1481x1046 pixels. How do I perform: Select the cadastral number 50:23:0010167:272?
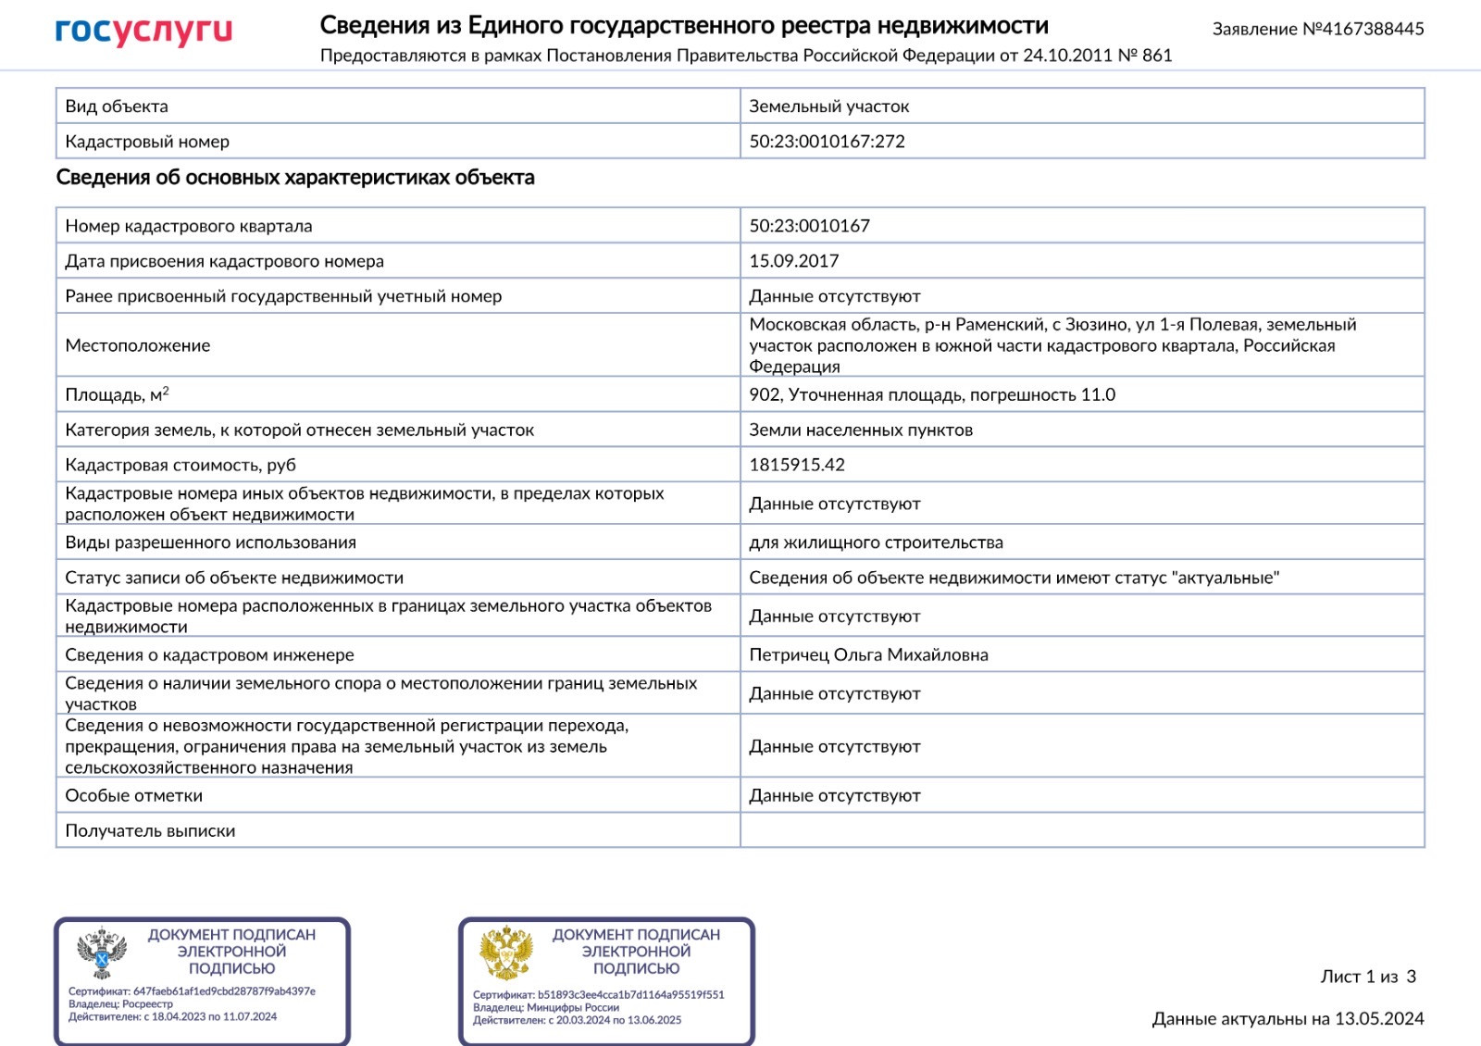click(827, 142)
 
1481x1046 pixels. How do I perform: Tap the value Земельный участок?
click(828, 106)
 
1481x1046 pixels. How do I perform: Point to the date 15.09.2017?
click(793, 261)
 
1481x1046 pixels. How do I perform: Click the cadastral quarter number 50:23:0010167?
click(809, 226)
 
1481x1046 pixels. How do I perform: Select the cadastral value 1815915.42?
click(796, 465)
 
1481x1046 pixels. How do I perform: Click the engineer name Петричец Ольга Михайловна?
click(868, 654)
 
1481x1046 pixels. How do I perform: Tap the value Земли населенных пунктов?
click(860, 430)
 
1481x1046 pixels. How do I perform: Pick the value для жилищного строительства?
click(876, 542)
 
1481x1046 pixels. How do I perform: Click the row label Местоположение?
click(138, 345)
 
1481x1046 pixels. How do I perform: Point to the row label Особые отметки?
click(133, 795)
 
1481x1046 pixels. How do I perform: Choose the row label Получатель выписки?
click(150, 830)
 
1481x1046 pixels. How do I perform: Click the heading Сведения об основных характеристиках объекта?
click(295, 178)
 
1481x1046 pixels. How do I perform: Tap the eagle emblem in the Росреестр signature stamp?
click(102, 953)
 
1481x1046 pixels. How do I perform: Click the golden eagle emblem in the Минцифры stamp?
click(506, 953)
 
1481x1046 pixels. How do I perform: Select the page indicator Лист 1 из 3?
click(1367, 977)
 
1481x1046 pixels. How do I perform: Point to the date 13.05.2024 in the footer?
click(1379, 1019)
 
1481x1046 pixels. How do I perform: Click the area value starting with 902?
click(931, 394)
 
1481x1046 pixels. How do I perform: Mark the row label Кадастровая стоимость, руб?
click(180, 465)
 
